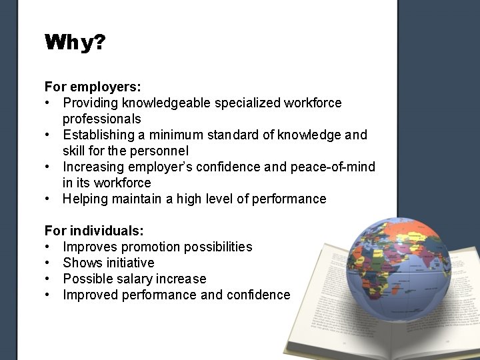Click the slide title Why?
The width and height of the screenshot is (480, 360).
75,44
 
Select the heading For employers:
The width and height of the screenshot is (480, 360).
92,87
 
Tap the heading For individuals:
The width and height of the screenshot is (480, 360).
94,231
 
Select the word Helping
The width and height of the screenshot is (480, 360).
86,199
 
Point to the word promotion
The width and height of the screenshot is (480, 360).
151,247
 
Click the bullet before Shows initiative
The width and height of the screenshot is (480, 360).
48,263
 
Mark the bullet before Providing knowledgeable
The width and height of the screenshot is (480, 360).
48,103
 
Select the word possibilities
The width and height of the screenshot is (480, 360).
218,247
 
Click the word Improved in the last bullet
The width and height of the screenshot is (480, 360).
90,295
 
